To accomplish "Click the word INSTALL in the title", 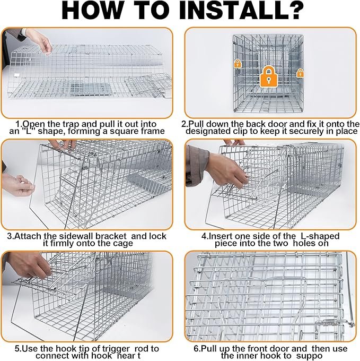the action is click(231, 11).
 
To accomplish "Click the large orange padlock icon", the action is click(268, 76).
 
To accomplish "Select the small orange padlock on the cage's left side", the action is click(238, 64).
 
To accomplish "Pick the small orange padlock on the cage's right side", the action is click(300, 73).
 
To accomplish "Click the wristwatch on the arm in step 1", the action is click(23, 31).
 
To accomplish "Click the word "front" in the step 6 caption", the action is click(275, 348).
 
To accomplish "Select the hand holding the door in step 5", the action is click(30, 265).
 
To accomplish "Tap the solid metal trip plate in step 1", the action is click(91, 89).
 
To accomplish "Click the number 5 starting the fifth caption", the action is click(17, 349).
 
